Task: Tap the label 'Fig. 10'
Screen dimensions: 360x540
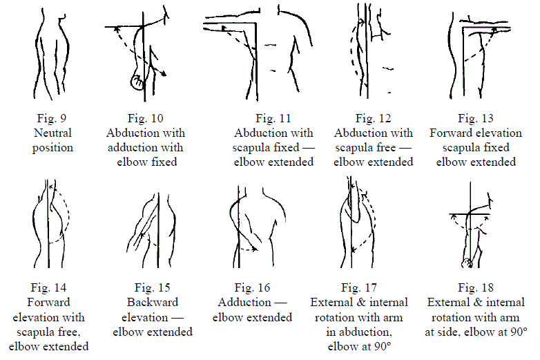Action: click(x=145, y=117)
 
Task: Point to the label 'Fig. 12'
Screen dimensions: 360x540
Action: click(x=374, y=117)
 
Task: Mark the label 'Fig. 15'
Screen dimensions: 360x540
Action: click(x=153, y=287)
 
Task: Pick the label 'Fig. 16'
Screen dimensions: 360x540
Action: click(x=252, y=287)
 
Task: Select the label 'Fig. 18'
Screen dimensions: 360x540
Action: click(x=476, y=287)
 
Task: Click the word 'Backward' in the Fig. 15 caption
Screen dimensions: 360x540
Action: click(x=153, y=302)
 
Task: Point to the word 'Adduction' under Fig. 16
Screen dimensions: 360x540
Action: click(x=244, y=302)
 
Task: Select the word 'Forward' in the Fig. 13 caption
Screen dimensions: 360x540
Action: click(x=450, y=132)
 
